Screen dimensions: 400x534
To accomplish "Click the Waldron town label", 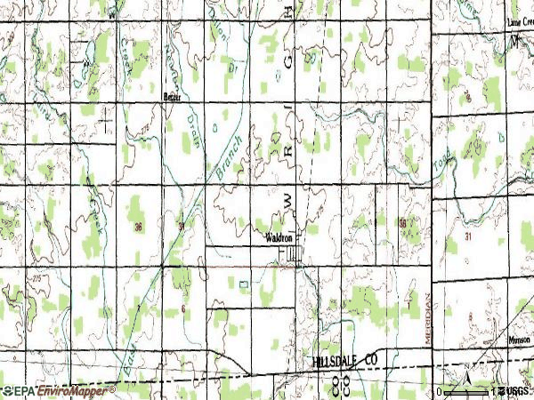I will [279, 237].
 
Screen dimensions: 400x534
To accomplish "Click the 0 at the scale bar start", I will [440, 391].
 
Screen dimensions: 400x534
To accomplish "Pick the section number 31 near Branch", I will [182, 226].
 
